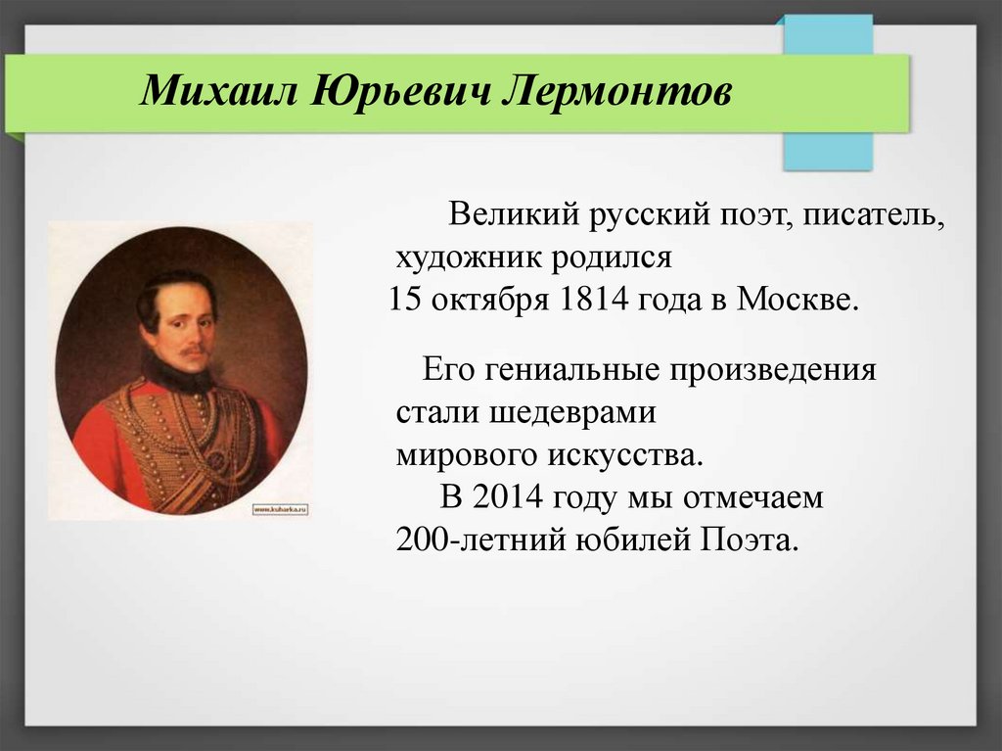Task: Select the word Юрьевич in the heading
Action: click(401, 91)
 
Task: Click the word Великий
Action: click(514, 213)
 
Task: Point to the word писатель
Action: click(874, 214)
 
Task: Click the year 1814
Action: click(594, 300)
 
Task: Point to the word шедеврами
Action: click(573, 412)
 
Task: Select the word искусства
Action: click(625, 455)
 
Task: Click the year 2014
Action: click(508, 497)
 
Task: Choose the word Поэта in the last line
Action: click(751, 540)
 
